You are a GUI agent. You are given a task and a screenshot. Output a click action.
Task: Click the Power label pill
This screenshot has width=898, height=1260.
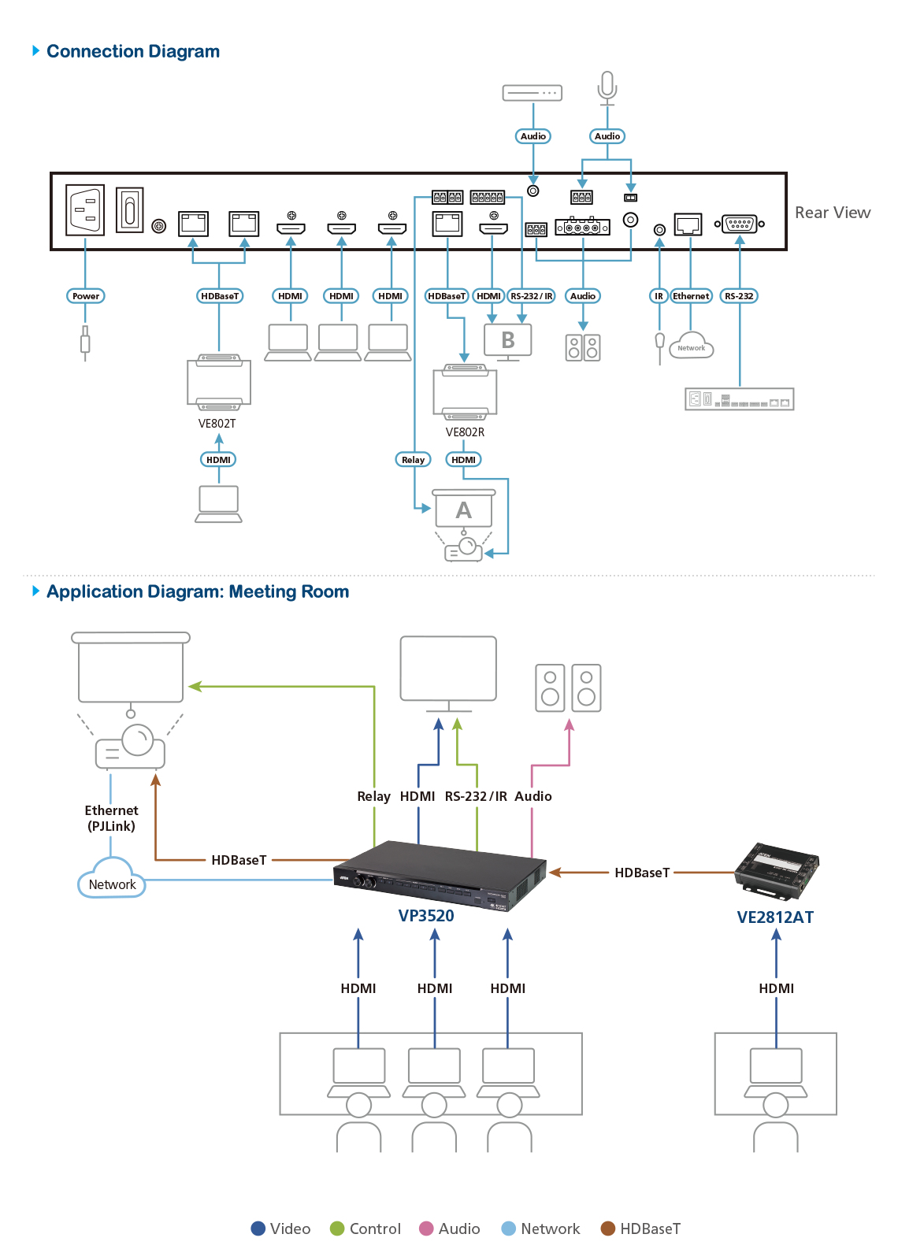tap(86, 296)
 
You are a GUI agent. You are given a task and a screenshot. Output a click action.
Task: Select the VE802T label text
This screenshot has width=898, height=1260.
tap(217, 424)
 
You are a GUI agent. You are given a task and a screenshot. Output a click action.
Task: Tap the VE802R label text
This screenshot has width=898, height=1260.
tap(465, 432)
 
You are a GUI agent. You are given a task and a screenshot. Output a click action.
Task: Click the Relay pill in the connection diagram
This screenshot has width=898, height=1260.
tap(413, 460)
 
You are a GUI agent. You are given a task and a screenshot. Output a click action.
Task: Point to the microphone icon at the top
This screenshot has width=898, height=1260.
tap(607, 87)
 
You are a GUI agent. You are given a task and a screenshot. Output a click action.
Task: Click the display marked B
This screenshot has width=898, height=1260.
tap(507, 342)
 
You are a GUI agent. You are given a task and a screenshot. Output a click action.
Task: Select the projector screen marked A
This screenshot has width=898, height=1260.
tap(464, 509)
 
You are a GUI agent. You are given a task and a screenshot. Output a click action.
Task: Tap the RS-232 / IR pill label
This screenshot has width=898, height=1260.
tap(532, 296)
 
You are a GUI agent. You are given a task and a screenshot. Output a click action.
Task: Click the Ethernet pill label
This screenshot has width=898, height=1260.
tap(691, 296)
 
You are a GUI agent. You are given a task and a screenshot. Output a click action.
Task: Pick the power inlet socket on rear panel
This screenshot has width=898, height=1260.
tap(85, 209)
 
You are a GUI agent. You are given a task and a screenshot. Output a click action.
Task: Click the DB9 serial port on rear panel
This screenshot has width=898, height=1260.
tap(740, 224)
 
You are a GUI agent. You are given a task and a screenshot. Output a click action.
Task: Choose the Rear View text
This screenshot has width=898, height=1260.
tap(832, 213)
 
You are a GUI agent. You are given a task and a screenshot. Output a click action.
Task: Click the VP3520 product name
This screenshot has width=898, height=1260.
tap(426, 916)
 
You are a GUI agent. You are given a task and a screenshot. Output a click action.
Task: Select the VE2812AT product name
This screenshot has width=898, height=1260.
tap(775, 917)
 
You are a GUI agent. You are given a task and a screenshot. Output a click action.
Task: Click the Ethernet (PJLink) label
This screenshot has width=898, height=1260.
tap(111, 818)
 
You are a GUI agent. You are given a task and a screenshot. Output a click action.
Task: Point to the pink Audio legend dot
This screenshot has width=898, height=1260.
tap(426, 1228)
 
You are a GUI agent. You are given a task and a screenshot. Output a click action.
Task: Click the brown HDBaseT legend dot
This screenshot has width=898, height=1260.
tap(608, 1228)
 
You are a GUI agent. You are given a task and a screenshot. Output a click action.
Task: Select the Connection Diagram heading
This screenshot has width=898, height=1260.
tap(133, 51)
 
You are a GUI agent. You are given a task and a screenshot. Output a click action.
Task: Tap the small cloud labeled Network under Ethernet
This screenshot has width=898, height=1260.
tap(692, 346)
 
